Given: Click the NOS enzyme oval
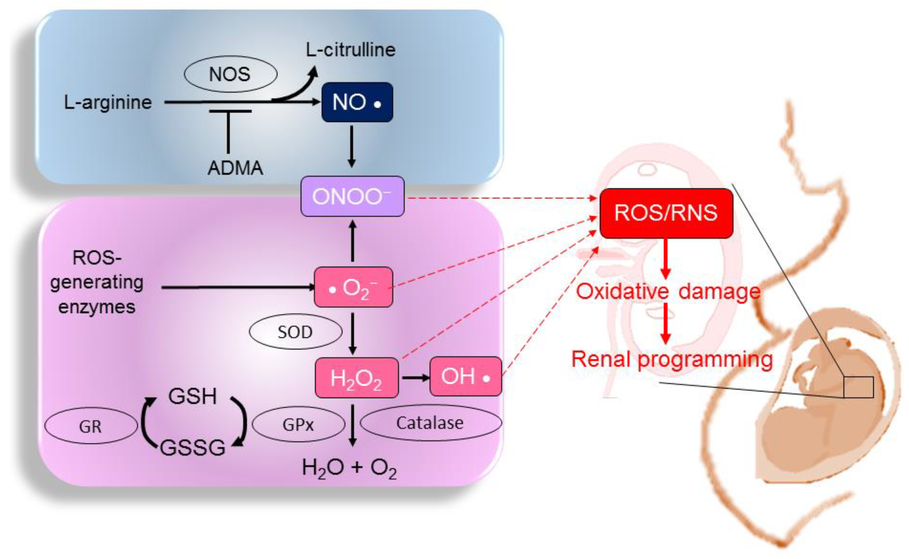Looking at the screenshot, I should (x=230, y=74).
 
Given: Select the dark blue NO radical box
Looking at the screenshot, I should (x=357, y=102).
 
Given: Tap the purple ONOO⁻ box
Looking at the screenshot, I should (x=352, y=196).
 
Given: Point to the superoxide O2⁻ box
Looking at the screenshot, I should (x=353, y=287).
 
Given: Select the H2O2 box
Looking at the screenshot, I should (x=356, y=378).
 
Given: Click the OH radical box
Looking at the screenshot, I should (x=465, y=376).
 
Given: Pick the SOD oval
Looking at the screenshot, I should (x=295, y=332).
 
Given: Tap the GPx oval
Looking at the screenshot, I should (x=298, y=424).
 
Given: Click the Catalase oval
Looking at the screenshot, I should (x=430, y=423).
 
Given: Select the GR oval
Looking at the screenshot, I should (x=91, y=426).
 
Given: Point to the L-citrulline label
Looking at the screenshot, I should (x=351, y=50).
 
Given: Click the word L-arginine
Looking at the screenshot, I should (x=108, y=102).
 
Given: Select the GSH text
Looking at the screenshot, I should (x=192, y=396).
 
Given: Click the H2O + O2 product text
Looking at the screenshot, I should (x=349, y=468).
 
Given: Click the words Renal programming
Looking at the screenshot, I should (x=672, y=359).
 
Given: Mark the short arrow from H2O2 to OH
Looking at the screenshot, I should (x=415, y=377).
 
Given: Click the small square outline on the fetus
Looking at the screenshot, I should (x=859, y=387).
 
